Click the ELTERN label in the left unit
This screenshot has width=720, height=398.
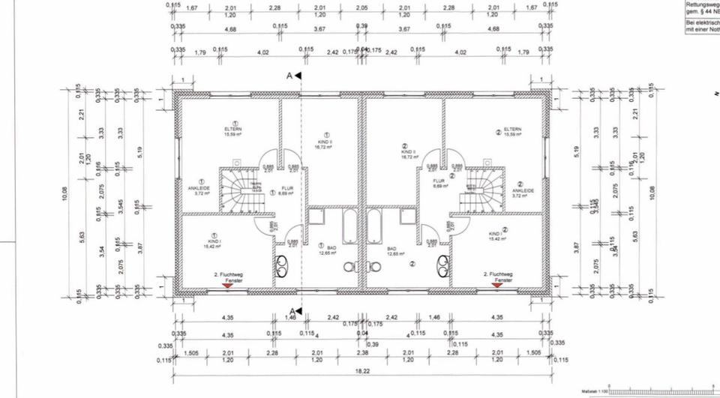(232, 130)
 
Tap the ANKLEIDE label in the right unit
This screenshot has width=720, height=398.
(523, 190)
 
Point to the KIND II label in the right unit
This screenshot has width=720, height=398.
(408, 154)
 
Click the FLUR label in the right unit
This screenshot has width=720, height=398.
(439, 181)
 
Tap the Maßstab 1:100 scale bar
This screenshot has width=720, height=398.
(660, 391)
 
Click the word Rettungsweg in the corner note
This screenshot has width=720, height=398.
(701, 4)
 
